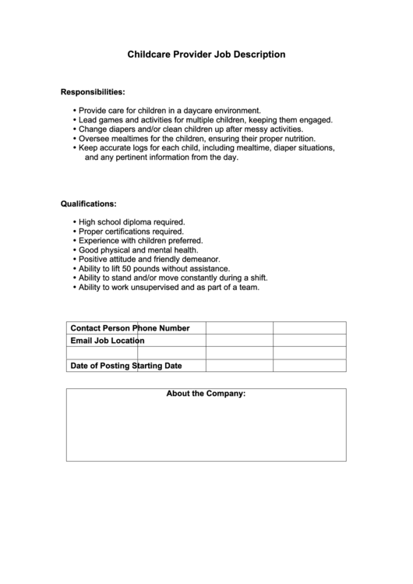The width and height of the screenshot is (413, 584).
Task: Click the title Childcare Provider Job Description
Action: point(206,55)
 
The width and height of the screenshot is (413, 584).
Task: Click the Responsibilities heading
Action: point(93,92)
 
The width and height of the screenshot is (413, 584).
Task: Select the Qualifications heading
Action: point(89,204)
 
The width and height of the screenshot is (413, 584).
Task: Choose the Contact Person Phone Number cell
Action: point(129,328)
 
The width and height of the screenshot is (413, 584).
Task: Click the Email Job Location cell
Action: point(107,341)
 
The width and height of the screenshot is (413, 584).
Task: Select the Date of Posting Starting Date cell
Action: point(125,366)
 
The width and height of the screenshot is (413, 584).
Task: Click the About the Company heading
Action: point(206,394)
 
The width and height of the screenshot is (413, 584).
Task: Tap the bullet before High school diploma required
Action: point(75,222)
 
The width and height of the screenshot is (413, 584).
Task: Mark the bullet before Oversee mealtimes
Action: point(75,139)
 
